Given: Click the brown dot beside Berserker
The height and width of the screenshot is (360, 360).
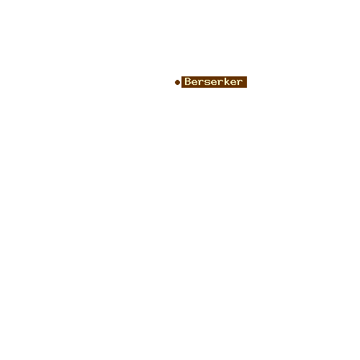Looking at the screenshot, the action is (177, 82).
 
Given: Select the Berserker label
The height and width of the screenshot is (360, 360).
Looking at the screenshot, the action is (214, 82).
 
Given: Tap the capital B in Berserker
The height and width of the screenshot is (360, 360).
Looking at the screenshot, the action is (187, 81).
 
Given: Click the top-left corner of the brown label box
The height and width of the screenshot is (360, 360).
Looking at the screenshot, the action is (181, 76).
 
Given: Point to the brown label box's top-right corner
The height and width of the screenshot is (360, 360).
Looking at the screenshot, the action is (247, 76).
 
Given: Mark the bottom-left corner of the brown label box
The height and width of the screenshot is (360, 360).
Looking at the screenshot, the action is (181, 88).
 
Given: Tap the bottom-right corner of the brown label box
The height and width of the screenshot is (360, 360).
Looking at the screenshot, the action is (247, 88).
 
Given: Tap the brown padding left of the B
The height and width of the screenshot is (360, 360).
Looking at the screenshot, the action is (183, 82).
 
